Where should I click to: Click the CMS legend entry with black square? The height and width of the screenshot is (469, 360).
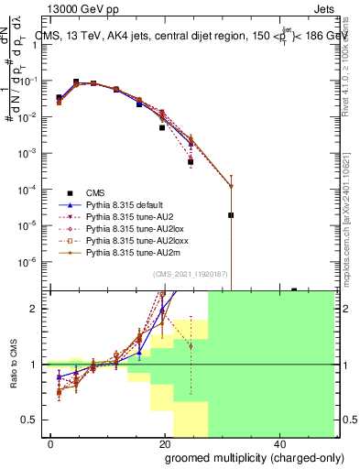(x=95, y=192)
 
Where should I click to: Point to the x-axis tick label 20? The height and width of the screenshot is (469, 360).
(x=165, y=444)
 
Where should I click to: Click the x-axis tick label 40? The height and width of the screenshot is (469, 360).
(x=278, y=444)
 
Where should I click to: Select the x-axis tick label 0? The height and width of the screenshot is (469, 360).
(x=51, y=444)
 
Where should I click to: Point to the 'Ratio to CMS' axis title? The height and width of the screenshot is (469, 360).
(x=13, y=364)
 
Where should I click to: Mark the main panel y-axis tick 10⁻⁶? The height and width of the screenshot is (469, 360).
(x=35, y=261)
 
